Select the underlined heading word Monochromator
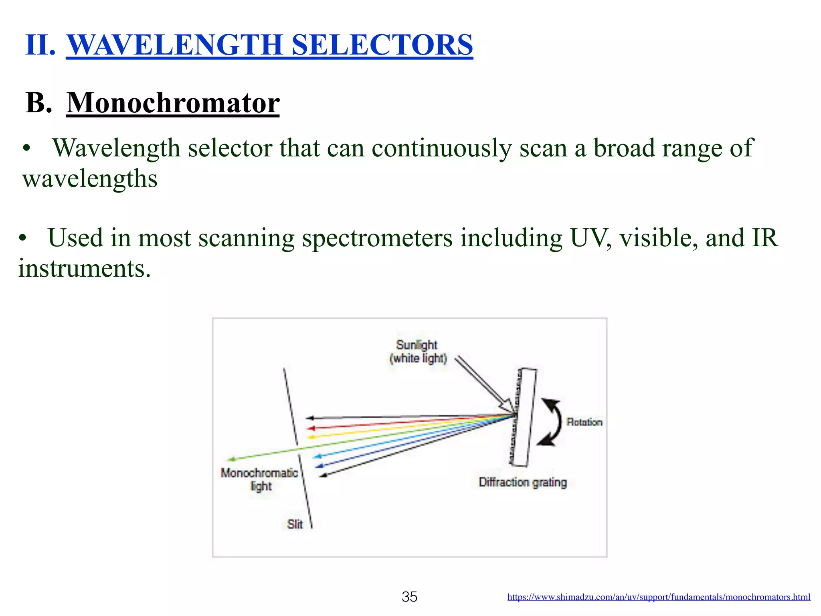[173, 103]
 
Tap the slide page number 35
[409, 597]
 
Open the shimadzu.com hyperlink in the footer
[658, 597]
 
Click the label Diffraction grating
[522, 482]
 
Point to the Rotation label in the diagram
[584, 422]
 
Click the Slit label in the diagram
[295, 524]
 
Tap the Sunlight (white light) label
[417, 351]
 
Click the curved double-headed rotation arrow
[552, 422]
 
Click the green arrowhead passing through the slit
[230, 459]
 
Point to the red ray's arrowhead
[310, 428]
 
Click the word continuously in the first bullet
[441, 148]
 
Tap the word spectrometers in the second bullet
[377, 238]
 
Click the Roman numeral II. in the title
[40, 45]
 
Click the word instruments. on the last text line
[84, 268]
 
